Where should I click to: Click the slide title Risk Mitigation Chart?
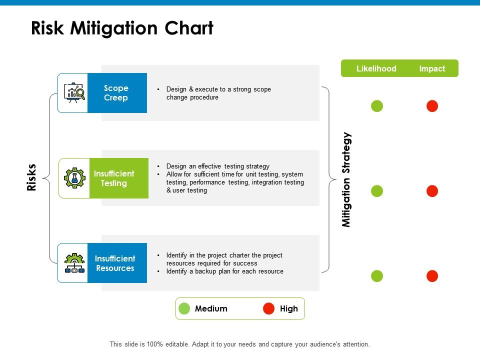[122, 28]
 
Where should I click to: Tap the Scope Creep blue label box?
[116, 93]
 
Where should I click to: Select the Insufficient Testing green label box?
[118, 178]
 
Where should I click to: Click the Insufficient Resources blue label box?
[116, 263]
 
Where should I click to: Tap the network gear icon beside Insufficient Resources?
[74, 263]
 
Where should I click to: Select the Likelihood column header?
[376, 68]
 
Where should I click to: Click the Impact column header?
[432, 68]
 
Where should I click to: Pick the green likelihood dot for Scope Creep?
[377, 106]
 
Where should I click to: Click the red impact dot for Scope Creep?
[432, 106]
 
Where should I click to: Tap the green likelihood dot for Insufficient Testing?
[377, 191]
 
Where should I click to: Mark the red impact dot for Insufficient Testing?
[432, 191]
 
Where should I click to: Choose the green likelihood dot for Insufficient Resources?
[377, 276]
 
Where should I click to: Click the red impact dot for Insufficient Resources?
[432, 276]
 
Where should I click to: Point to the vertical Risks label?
[31, 177]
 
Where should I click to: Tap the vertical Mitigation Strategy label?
[346, 180]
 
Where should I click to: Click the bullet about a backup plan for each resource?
[224, 271]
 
